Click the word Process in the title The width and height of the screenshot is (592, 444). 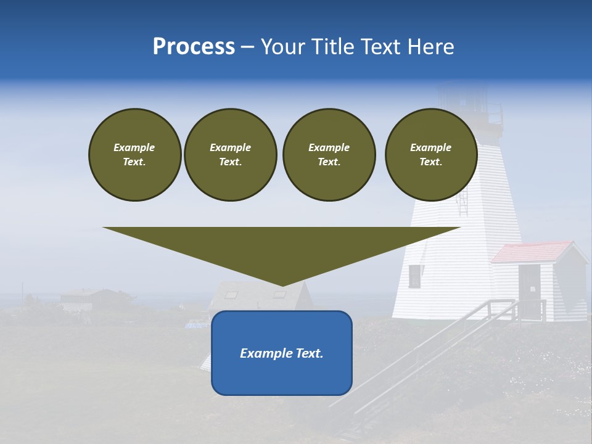pyautogui.click(x=194, y=47)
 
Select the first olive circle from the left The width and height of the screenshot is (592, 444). pyautogui.click(x=134, y=154)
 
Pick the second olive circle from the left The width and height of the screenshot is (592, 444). pyautogui.click(x=230, y=154)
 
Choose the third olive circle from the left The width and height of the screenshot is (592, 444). pyautogui.click(x=329, y=154)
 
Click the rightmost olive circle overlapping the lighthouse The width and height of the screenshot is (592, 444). pyautogui.click(x=430, y=154)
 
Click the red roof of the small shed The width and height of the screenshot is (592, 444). pyautogui.click(x=530, y=252)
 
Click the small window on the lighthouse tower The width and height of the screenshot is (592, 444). pyautogui.click(x=414, y=276)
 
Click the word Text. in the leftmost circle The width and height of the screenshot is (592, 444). pyautogui.click(x=134, y=162)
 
